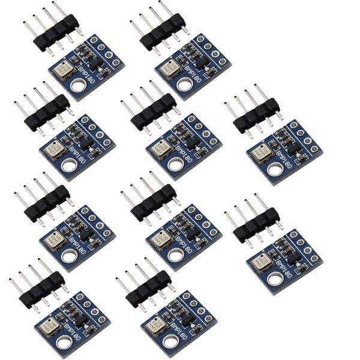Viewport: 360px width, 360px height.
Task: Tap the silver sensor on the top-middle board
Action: [170, 69]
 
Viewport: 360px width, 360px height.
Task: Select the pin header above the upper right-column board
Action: [257, 116]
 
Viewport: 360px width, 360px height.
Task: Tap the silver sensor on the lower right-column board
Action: [261, 262]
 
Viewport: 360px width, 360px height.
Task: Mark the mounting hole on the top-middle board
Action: [185, 84]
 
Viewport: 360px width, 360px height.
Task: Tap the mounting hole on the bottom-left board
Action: [64, 343]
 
